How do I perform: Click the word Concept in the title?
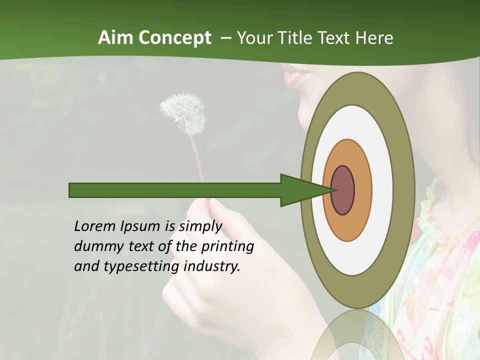click(174, 38)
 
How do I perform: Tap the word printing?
click(227, 246)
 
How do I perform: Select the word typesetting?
click(141, 266)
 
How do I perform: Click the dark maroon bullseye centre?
click(343, 190)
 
